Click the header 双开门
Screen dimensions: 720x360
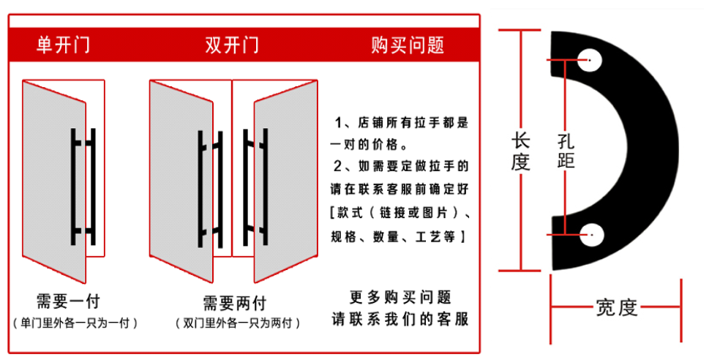click(231, 45)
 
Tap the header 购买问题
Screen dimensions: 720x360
click(408, 45)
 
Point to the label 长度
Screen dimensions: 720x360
click(520, 151)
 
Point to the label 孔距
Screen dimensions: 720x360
click(566, 151)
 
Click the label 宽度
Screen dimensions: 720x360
click(617, 308)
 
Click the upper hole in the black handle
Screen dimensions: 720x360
click(589, 59)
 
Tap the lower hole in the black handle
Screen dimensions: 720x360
click(591, 234)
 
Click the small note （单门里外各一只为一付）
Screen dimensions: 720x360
click(75, 322)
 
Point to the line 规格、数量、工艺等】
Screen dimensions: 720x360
click(396, 237)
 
